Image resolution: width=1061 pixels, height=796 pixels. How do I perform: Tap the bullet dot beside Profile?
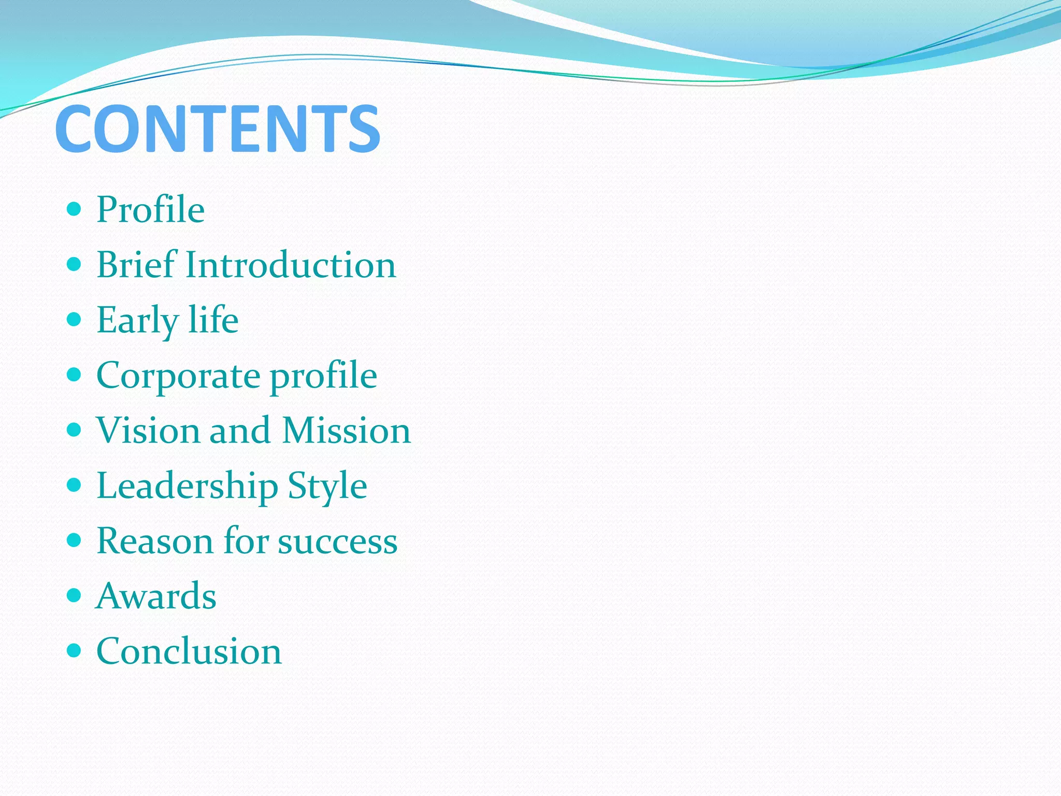75,209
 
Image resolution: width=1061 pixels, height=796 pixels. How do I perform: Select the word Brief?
137,264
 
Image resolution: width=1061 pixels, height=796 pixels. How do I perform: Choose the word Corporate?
179,375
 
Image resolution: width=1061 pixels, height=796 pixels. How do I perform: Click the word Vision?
148,430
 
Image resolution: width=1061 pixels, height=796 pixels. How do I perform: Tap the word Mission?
347,430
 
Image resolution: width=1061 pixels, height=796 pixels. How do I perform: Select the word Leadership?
188,486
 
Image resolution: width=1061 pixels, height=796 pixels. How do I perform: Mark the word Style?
327,486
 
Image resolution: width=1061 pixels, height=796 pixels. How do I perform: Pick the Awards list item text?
156,596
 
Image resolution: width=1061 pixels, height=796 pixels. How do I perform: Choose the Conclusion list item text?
189,651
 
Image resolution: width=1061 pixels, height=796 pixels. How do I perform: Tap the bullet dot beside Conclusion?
75,650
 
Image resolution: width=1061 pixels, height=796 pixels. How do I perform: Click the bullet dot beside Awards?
75,595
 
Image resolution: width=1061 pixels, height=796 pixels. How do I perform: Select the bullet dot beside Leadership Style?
75,485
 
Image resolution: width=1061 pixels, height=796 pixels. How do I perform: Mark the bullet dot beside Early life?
75,319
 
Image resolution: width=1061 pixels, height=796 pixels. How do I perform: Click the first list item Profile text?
151,209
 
